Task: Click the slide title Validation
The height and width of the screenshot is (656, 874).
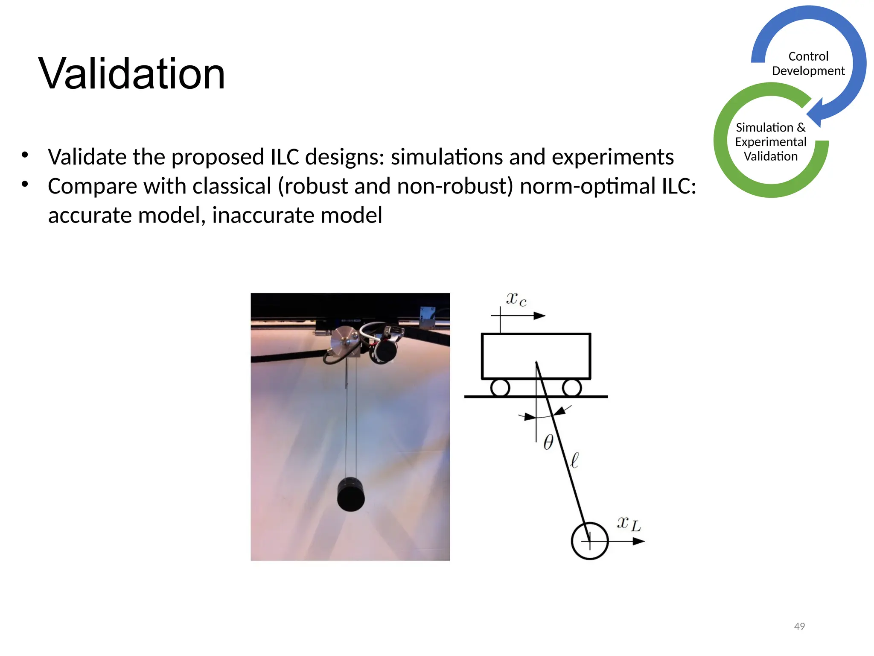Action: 131,74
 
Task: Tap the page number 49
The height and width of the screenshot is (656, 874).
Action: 799,626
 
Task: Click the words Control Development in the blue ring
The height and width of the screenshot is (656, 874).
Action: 808,64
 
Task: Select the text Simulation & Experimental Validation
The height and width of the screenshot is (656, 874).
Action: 770,142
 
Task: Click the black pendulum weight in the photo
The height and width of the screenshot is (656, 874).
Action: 351,495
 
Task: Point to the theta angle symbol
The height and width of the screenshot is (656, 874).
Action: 548,442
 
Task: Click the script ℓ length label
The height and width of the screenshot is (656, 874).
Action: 574,460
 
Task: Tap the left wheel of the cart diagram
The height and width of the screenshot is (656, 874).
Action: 500,388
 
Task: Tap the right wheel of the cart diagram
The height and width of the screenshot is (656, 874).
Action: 571,388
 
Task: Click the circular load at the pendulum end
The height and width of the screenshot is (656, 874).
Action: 589,541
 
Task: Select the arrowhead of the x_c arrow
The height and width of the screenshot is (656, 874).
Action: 539,316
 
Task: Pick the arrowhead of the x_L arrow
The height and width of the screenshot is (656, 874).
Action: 638,541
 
